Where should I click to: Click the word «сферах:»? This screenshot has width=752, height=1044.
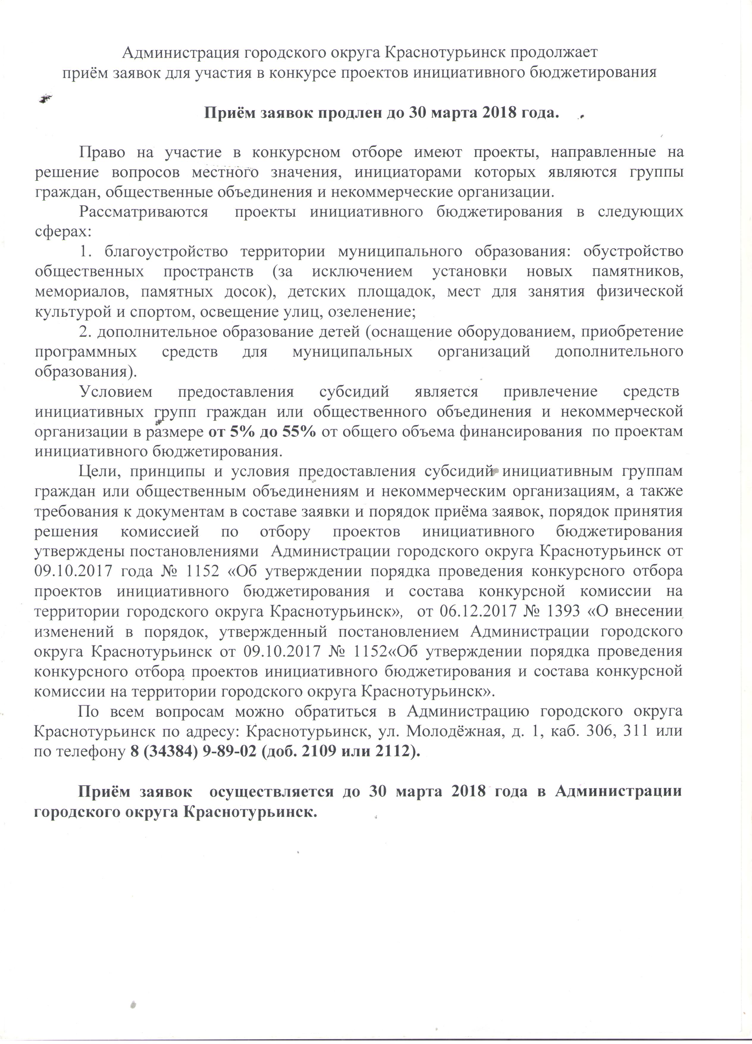63,232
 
